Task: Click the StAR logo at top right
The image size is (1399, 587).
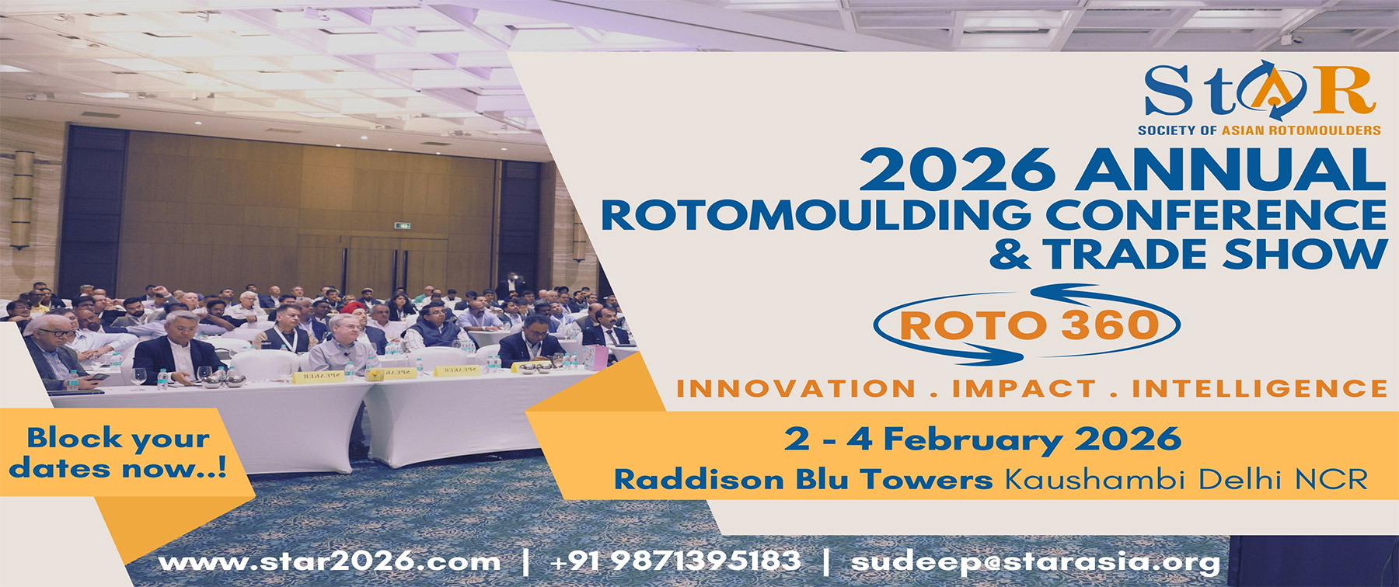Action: click(x=1259, y=91)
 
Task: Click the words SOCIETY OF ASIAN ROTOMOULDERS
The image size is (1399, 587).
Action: click(x=1259, y=130)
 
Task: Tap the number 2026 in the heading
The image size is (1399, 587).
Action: click(x=957, y=170)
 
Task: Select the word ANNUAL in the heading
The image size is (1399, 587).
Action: click(x=1230, y=170)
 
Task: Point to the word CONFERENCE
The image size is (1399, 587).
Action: click(x=1216, y=215)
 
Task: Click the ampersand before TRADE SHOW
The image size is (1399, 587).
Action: click(x=1010, y=254)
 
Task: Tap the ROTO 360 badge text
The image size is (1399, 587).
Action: click(x=1029, y=325)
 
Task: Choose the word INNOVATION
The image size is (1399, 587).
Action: click(x=796, y=388)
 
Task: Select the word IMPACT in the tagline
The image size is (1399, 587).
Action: click(x=1024, y=388)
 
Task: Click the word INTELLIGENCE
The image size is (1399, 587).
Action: click(x=1259, y=388)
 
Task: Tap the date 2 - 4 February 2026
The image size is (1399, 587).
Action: click(x=982, y=440)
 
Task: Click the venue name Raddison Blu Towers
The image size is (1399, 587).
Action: click(x=803, y=479)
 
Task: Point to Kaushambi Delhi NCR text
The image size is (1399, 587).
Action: click(x=1186, y=479)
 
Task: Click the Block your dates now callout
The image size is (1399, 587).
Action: click(x=118, y=453)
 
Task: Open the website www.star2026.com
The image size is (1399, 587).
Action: click(x=330, y=561)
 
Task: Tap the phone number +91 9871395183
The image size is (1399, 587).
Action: click(x=675, y=561)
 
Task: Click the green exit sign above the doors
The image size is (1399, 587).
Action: click(x=402, y=226)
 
